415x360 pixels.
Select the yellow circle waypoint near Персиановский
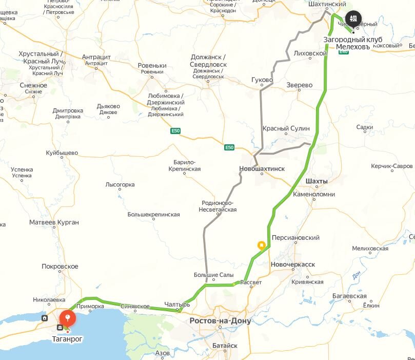coord(262,245)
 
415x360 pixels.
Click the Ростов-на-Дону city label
coord(220,321)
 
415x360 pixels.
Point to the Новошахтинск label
coord(262,169)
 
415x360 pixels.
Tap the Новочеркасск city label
coord(292,264)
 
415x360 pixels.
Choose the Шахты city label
coord(316,182)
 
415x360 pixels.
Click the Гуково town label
coord(262,81)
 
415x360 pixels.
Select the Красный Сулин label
coord(286,128)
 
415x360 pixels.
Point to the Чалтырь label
coord(177,305)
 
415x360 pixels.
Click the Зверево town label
coord(300,85)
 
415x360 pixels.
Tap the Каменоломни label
coord(313,195)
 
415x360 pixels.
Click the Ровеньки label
coord(152,66)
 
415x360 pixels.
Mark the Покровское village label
coord(60,267)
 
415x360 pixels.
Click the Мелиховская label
coord(370,249)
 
